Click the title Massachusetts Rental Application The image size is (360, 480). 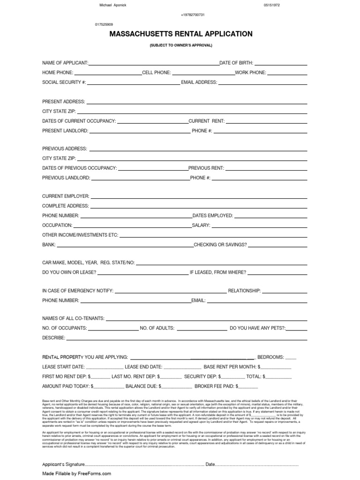[180, 34]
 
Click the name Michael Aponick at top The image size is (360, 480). [113, 5]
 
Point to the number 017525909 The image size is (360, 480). [104, 24]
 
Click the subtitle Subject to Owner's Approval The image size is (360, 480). [180, 45]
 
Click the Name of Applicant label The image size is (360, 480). [65, 63]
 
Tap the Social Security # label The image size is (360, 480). [64, 82]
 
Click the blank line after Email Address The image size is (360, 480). [262, 83]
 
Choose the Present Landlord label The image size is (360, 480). [65, 131]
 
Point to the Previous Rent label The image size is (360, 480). [206, 168]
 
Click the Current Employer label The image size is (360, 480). [66, 196]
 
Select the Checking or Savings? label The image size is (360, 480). [220, 245]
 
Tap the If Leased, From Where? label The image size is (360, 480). [217, 272]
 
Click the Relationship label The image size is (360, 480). [244, 291]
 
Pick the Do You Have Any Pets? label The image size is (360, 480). [258, 328]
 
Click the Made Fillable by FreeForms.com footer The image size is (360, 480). [76, 473]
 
